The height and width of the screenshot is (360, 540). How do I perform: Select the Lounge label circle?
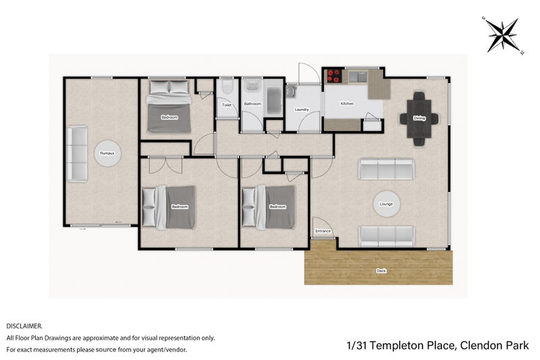[x=386, y=203]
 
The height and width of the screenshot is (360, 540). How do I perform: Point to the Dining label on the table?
[x=419, y=118]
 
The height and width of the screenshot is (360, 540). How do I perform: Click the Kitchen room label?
[x=346, y=103]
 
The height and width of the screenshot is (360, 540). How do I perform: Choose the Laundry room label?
[x=302, y=109]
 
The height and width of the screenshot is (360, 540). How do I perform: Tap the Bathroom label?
[x=252, y=104]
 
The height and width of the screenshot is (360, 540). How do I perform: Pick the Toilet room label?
[x=226, y=105]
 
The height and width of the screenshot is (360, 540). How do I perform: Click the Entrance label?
[x=323, y=232]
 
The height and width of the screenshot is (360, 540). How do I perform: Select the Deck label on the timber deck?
[x=381, y=271]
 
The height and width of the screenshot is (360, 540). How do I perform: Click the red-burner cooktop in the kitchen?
[x=334, y=76]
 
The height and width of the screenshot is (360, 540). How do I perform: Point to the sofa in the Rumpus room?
[x=77, y=154]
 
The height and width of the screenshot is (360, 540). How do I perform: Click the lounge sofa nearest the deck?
[x=386, y=235]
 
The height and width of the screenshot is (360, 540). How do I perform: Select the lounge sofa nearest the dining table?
[x=386, y=169]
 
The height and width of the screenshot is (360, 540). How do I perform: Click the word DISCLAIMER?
[x=24, y=325]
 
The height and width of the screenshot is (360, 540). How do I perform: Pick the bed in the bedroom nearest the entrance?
[x=269, y=207]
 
